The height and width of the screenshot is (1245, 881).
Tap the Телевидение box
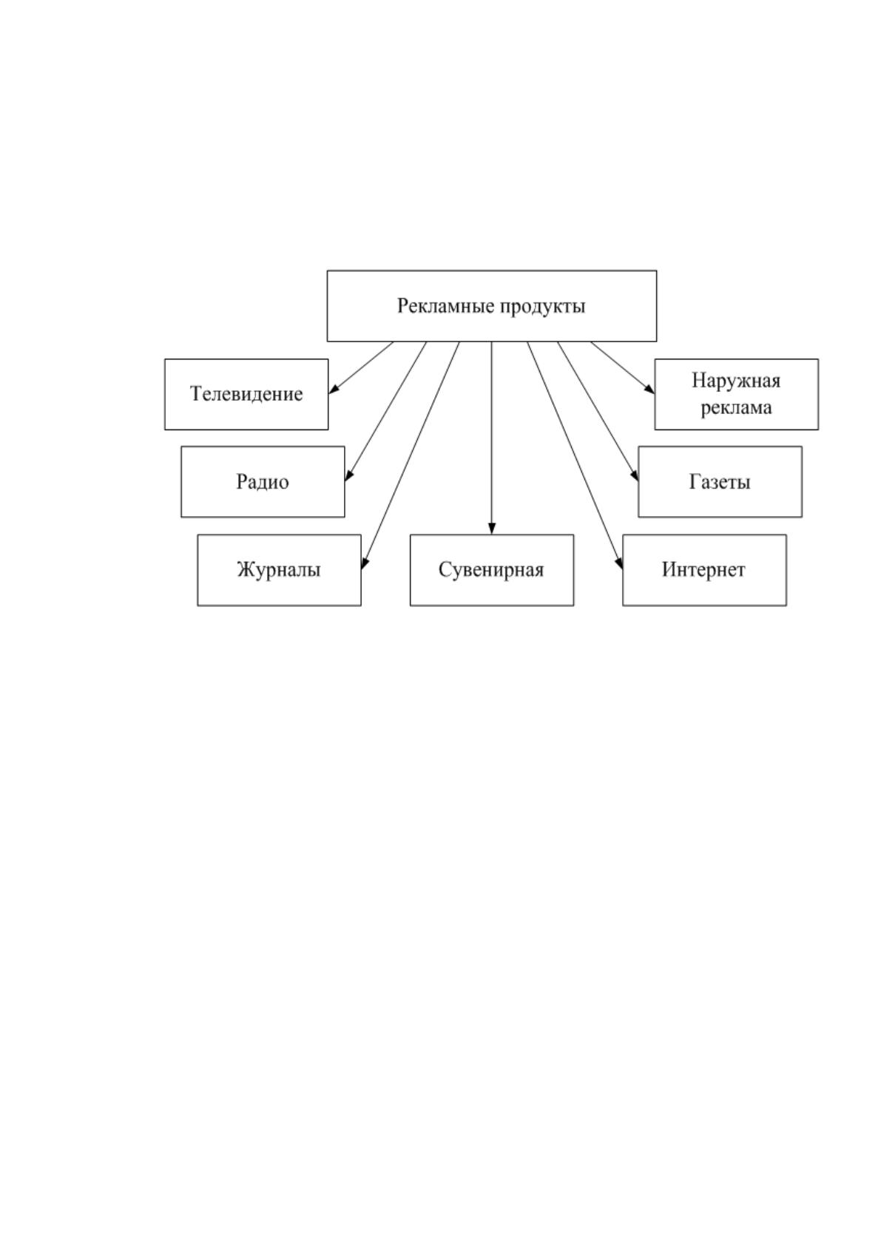pos(246,394)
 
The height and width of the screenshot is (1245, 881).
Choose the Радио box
pos(263,482)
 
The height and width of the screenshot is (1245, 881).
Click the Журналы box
pos(279,570)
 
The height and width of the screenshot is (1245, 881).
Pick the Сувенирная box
pos(492,570)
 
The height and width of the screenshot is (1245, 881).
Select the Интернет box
pos(704,570)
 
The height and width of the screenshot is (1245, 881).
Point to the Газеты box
pos(720,482)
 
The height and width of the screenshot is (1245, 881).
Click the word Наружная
pos(736,381)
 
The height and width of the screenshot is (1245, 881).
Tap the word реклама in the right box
pos(736,408)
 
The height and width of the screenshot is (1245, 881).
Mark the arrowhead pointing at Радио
pos(348,475)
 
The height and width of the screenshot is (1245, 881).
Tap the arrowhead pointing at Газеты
pos(635,475)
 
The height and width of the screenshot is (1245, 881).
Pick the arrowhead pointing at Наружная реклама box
pos(649,389)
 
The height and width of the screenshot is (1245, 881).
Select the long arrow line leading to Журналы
pos(411,455)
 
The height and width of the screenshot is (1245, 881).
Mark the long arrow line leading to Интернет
pos(575,455)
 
